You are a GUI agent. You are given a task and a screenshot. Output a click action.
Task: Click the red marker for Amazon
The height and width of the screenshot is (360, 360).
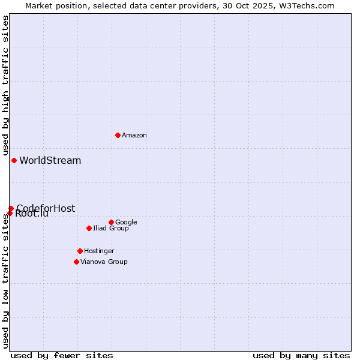118,135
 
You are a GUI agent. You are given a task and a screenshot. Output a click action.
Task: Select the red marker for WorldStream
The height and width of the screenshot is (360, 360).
14,160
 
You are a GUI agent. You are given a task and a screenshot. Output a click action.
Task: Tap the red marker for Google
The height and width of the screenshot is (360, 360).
111,222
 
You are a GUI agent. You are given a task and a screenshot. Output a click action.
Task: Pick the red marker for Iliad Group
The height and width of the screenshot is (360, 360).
89,228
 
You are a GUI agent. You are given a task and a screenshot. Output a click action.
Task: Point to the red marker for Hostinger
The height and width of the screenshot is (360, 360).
80,251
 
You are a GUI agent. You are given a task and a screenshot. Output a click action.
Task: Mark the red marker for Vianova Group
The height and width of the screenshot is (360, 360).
76,262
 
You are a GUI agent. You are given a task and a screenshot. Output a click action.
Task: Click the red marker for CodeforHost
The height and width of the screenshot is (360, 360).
11,208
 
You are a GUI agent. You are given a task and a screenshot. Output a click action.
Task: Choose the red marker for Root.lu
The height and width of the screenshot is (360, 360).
10,213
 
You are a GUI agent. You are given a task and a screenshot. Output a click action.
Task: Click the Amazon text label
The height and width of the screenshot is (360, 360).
134,136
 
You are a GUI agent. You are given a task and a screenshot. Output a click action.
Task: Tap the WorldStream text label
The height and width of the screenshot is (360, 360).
50,161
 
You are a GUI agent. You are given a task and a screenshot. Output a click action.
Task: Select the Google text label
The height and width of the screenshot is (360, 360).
126,223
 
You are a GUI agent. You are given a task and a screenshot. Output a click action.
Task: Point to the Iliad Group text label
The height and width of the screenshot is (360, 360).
111,229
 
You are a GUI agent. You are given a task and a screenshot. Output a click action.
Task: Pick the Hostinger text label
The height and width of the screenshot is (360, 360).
99,251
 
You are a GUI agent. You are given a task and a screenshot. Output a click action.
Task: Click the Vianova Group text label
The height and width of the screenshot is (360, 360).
104,262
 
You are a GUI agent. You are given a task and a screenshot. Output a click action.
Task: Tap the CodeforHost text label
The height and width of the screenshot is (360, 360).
46,208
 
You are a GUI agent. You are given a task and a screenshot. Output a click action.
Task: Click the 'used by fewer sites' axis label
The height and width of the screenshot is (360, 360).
62,355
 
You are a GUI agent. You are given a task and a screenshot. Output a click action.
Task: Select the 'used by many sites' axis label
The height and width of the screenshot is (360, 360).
301,355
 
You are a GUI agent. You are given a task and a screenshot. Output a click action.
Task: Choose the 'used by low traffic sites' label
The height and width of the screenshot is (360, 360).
6,281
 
